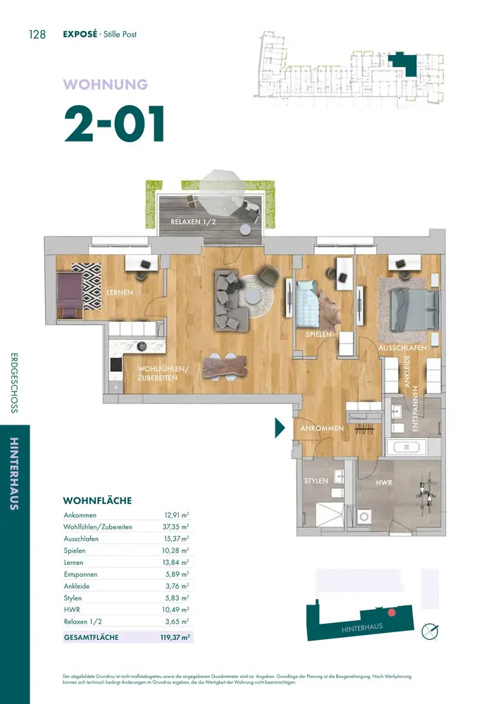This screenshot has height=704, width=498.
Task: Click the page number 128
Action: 37,34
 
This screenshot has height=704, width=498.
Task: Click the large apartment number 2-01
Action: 115,124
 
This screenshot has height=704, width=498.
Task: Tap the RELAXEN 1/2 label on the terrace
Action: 193,222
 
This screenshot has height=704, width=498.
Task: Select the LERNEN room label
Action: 120,292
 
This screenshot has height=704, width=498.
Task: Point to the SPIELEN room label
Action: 318,334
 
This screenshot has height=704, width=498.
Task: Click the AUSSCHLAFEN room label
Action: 402,348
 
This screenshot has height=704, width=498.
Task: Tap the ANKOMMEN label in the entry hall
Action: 322,428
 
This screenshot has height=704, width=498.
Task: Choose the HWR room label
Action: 384,483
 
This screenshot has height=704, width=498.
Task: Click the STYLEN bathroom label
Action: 316,481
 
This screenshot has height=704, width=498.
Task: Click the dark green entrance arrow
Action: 280,428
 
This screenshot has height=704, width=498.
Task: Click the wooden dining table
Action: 225,367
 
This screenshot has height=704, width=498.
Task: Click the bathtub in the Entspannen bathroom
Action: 406,447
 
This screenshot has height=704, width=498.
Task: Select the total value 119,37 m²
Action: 175,637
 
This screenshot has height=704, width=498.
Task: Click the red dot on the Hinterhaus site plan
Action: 392,612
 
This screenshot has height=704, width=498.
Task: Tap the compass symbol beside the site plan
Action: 430,631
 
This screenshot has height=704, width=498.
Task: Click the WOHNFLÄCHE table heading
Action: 97,501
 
